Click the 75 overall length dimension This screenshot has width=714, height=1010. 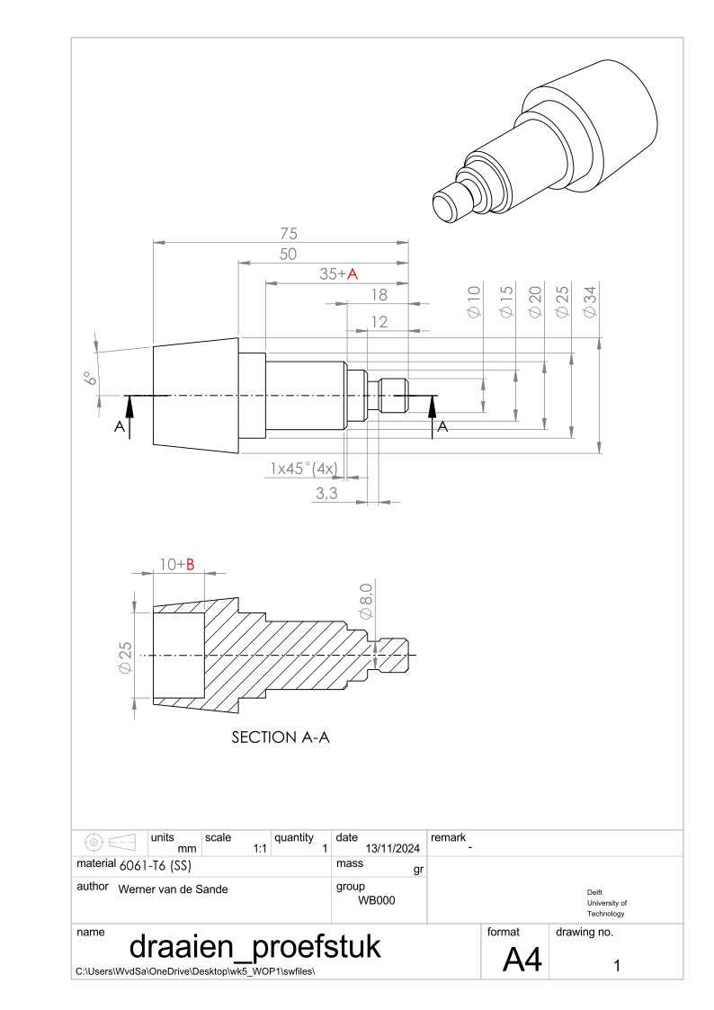tap(289, 233)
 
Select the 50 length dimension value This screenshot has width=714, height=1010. tap(288, 254)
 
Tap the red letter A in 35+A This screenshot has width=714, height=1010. tap(353, 274)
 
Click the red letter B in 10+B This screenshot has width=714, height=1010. tap(190, 565)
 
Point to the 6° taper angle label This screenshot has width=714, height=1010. tap(91, 378)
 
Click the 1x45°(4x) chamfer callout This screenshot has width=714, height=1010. tap(303, 469)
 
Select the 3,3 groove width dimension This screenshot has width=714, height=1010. tap(326, 494)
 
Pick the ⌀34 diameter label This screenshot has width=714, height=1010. tap(590, 301)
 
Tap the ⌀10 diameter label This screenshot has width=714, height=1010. tap(474, 301)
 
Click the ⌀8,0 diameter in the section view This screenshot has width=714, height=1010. tap(366, 601)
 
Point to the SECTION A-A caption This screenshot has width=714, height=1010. tap(281, 737)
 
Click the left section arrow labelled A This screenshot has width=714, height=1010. tap(129, 416)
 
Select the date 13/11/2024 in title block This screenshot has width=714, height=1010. tap(393, 848)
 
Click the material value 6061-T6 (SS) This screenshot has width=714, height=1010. tap(156, 866)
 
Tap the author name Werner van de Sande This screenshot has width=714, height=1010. tap(174, 889)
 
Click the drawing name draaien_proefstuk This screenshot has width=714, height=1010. tap(255, 946)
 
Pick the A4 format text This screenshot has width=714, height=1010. tap(522, 960)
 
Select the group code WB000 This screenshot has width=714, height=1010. tap(377, 900)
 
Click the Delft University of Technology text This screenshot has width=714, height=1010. tap(606, 903)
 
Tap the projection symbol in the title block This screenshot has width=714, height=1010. tap(110, 842)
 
